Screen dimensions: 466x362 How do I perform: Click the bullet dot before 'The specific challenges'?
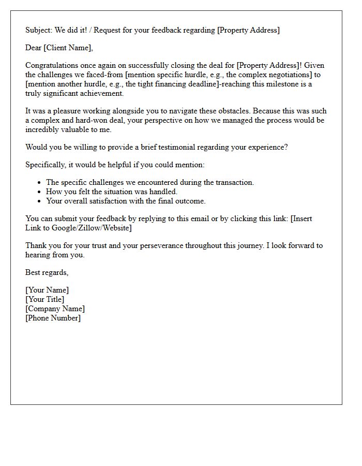coord(39,183)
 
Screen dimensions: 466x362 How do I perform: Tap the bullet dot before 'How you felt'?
coord(39,192)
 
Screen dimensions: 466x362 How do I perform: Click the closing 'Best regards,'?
coord(47,272)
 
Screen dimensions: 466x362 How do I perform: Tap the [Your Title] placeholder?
coord(45,299)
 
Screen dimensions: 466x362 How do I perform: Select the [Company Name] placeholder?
coord(55,309)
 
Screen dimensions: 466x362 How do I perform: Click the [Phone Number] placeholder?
coord(53,318)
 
